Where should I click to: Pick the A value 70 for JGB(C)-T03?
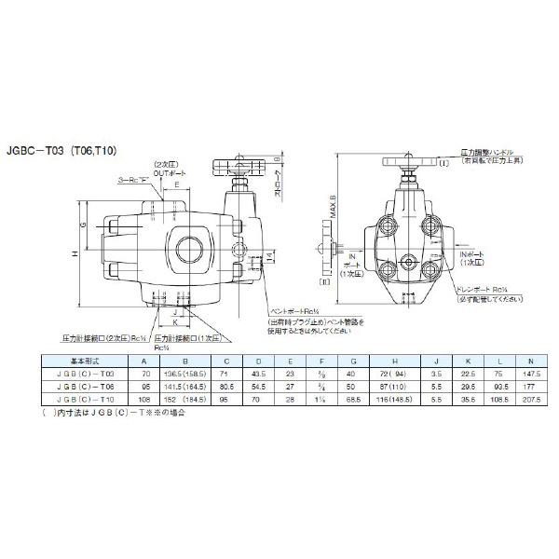click(x=143, y=372)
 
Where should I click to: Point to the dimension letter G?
click(x=81, y=225)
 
